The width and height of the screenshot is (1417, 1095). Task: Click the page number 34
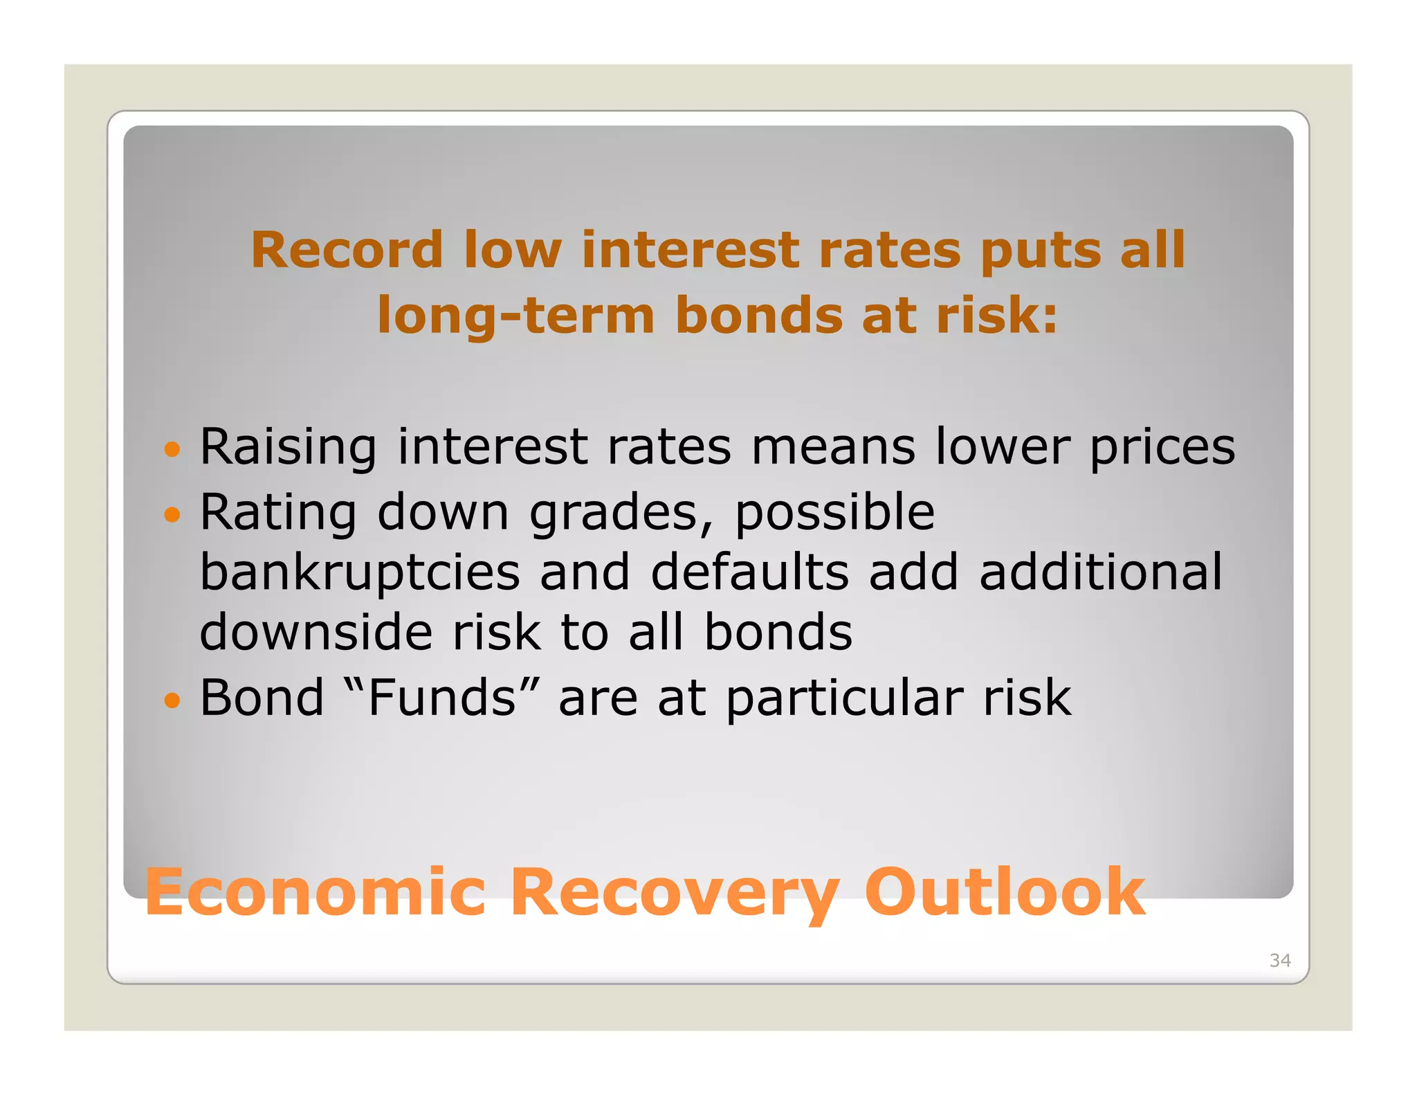[x=1279, y=960]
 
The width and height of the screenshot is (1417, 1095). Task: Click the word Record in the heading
[x=346, y=250]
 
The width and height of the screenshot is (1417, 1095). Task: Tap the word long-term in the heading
[x=515, y=316]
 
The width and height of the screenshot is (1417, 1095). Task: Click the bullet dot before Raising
[x=172, y=450]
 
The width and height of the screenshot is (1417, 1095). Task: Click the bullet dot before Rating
[x=172, y=515]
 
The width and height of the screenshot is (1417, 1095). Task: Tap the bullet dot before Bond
[x=172, y=700]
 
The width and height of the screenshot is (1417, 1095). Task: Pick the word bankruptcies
[x=360, y=573]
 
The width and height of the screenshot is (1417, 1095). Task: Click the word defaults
[x=749, y=573]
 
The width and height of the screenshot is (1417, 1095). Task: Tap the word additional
[x=1101, y=573]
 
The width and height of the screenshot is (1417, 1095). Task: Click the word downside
[x=316, y=633]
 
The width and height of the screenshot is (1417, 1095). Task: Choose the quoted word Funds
[x=441, y=698]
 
